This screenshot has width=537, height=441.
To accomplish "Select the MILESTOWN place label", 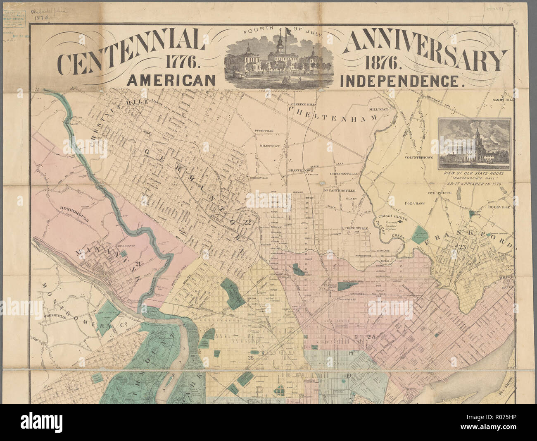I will [x=270, y=146].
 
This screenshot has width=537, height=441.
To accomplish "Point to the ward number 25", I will [x=371, y=337].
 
